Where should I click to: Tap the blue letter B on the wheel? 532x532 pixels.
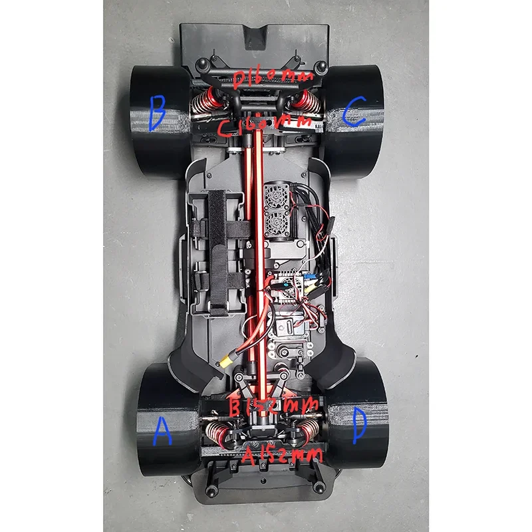tap(157, 114)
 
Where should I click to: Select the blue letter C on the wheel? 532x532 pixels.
tap(354, 112)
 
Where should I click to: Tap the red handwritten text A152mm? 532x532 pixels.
tap(283, 456)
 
